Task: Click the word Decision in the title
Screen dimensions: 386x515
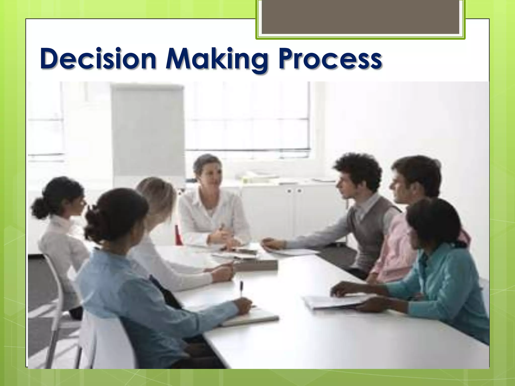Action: click(x=98, y=59)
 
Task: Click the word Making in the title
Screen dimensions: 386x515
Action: click(x=216, y=59)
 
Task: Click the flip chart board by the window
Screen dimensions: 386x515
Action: click(x=148, y=131)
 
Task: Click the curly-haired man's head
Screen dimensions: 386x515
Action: click(x=357, y=173)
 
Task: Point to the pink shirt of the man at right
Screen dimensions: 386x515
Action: click(x=395, y=249)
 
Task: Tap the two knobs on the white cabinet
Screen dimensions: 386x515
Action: click(x=294, y=191)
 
